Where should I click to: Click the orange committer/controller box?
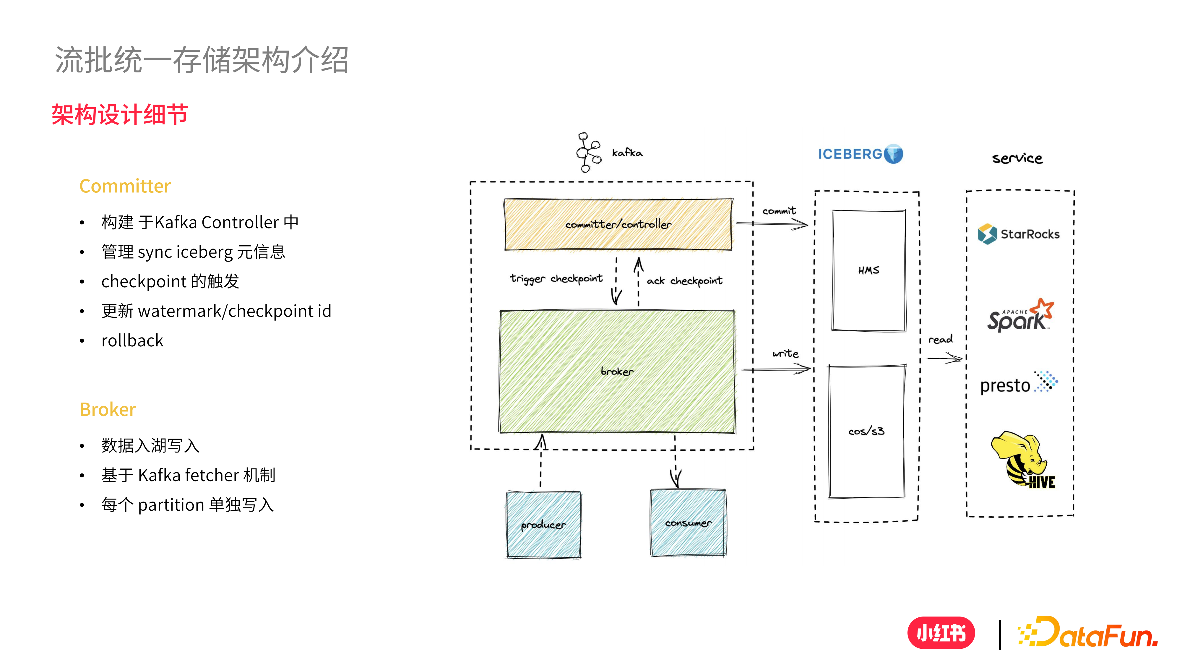point(618,224)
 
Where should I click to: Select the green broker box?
point(617,372)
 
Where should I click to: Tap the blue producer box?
point(543,525)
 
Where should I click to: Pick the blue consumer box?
point(688,523)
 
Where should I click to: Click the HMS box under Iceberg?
point(868,270)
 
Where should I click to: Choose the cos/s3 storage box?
point(866,432)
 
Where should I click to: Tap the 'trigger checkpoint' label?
point(556,279)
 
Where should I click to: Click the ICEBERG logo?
point(860,154)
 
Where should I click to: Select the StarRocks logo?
point(1019,234)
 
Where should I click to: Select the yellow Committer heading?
point(125,186)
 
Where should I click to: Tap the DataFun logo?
point(1087,633)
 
